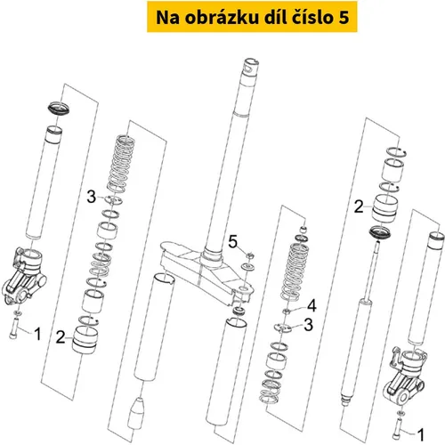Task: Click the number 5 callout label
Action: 233,241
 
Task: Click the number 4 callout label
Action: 311,305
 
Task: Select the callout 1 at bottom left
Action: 37,334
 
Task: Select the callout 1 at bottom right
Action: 421,434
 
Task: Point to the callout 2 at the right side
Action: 359,206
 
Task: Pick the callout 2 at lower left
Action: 61,337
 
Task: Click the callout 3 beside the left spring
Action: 92,197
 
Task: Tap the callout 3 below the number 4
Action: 309,325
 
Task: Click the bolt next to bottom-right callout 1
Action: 397,428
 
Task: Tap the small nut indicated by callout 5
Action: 250,255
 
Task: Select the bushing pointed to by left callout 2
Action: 85,340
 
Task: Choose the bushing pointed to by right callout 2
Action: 384,208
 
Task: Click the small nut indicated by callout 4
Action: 287,311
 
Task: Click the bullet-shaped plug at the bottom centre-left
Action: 136,413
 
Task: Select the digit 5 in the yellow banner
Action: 344,18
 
